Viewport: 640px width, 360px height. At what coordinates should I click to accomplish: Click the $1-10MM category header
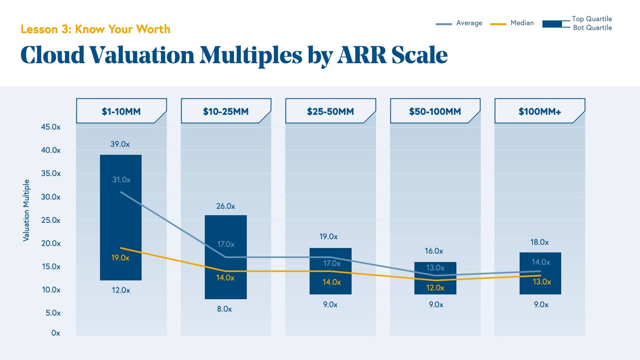(121, 111)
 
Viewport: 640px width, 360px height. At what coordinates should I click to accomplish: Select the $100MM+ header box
(540, 111)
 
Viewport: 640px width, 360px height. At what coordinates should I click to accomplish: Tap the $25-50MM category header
(330, 111)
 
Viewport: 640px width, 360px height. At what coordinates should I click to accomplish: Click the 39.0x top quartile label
(120, 144)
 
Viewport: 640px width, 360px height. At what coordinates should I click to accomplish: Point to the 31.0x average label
(121, 180)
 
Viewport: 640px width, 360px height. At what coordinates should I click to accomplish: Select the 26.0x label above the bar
(226, 206)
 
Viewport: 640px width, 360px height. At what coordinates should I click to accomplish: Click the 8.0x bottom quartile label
(224, 309)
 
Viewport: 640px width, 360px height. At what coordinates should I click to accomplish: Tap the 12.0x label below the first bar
(121, 290)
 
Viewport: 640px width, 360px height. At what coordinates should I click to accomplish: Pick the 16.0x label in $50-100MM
(434, 251)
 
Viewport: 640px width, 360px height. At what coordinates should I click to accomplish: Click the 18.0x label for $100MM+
(539, 242)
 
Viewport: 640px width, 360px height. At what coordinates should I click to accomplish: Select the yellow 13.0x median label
(542, 282)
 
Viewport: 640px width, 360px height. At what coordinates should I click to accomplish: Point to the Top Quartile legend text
(592, 19)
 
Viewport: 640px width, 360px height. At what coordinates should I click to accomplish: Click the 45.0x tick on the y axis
(51, 127)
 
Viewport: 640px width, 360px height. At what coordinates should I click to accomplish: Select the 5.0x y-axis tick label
(53, 313)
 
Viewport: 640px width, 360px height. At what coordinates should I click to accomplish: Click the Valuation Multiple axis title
(26, 210)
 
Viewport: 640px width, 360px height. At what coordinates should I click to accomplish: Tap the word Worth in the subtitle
(153, 29)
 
